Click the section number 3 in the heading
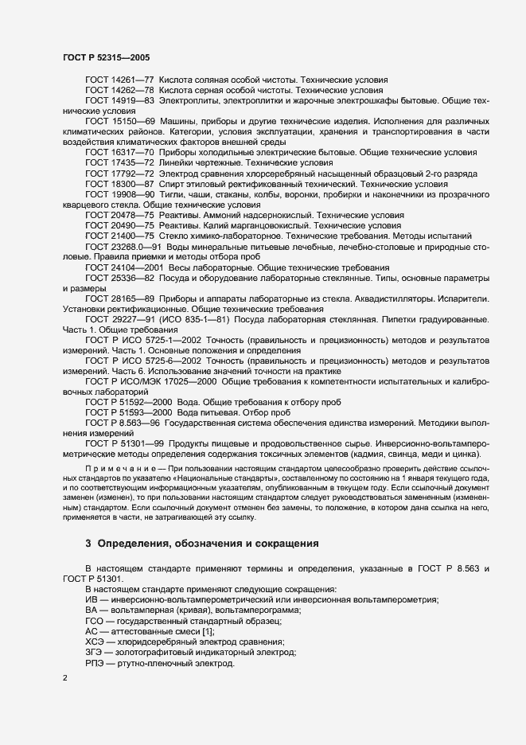click(88, 544)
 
